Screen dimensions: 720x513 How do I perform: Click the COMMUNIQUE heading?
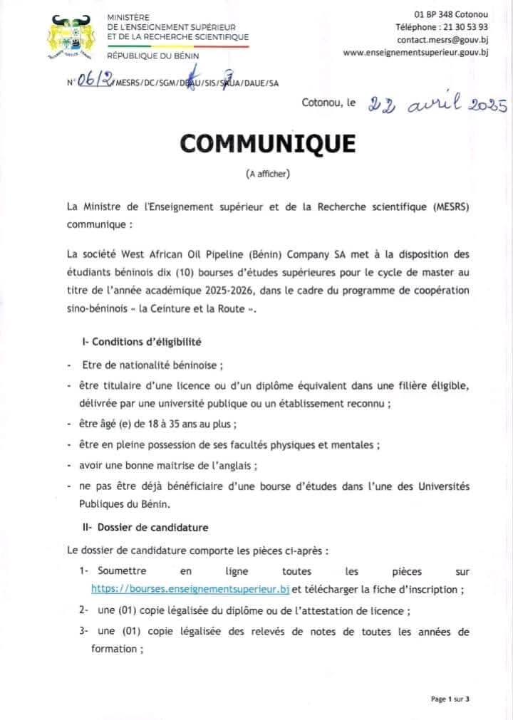[x=267, y=143]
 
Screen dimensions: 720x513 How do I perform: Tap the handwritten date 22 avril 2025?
[x=436, y=105]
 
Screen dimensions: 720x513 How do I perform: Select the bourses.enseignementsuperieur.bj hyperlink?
[x=190, y=589]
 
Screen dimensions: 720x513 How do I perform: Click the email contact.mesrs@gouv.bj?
[x=442, y=40]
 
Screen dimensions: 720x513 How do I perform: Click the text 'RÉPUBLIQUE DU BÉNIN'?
[x=152, y=56]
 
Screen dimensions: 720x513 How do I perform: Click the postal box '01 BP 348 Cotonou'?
[x=452, y=14]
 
